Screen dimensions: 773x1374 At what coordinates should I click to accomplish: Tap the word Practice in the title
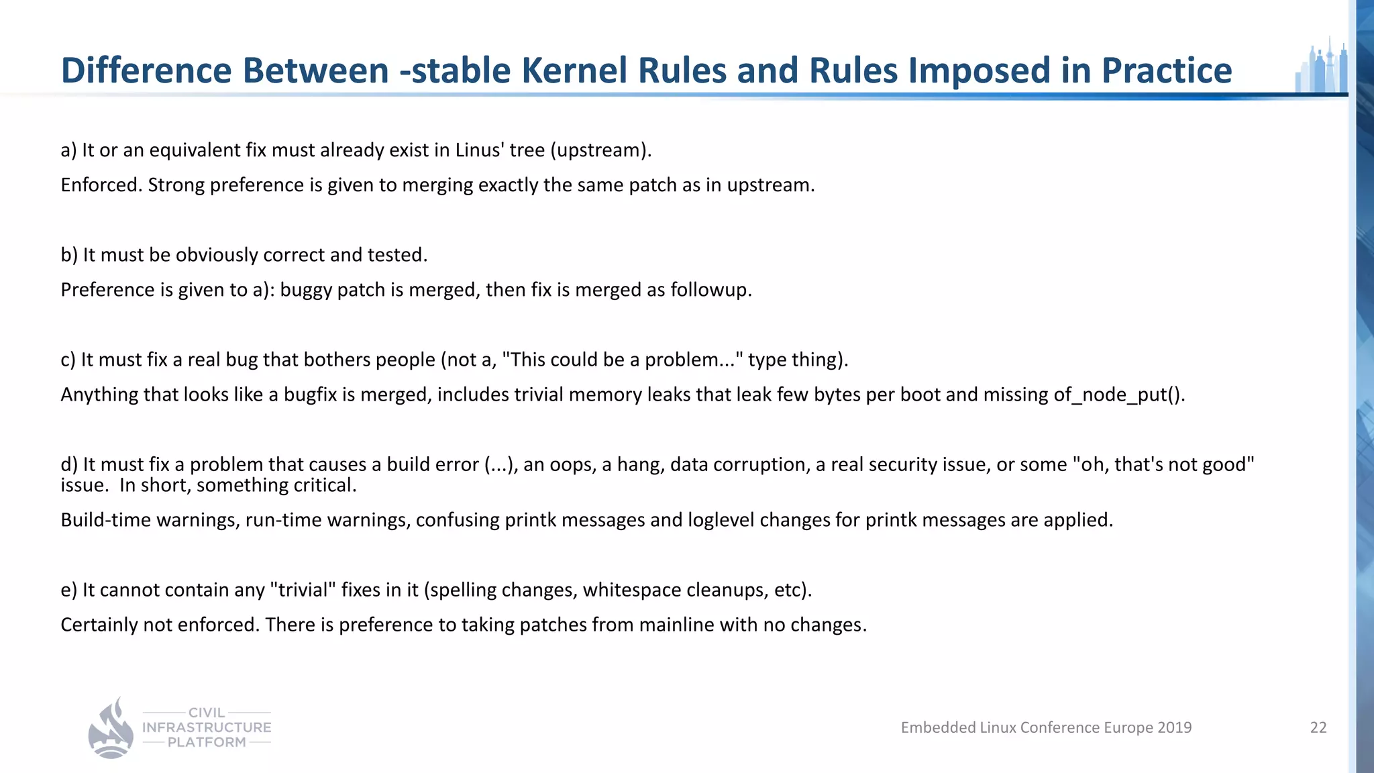click(1167, 70)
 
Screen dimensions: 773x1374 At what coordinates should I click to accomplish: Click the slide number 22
click(1318, 727)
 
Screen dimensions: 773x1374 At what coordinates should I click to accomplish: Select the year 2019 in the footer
click(1175, 727)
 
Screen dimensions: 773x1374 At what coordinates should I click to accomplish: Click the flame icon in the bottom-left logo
click(111, 729)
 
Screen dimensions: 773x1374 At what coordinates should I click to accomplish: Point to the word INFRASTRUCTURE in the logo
click(207, 727)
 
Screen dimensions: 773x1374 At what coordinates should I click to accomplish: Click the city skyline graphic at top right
click(1321, 67)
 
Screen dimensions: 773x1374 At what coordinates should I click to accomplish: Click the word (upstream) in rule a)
click(600, 150)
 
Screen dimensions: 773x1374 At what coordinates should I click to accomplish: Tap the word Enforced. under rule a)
click(101, 185)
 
